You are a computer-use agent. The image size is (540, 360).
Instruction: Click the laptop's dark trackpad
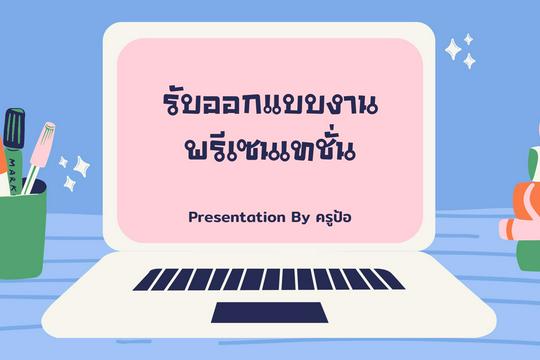pos(269,312)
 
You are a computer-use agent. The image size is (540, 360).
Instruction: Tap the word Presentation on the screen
pos(237,217)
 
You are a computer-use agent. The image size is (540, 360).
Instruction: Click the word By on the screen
pos(301,218)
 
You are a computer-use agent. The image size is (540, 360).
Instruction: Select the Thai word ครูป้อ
pos(333,217)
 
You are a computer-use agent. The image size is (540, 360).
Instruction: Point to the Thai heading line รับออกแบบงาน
pos(270,102)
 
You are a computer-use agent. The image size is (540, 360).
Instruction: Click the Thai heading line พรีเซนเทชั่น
pos(270,148)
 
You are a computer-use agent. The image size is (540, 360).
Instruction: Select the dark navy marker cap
pos(14,128)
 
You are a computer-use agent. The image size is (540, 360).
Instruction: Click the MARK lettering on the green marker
pos(13,175)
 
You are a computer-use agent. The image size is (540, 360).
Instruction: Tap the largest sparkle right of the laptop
pos(453,50)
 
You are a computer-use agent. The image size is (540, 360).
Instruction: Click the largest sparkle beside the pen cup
pos(82,167)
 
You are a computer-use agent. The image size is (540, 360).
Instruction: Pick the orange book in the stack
pos(527,201)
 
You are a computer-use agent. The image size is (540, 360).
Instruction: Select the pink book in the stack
pos(520,229)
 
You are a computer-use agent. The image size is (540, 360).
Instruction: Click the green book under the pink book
pos(528,255)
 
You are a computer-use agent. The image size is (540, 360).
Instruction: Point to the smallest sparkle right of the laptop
pos(468,40)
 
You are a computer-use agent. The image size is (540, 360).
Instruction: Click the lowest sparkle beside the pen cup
pos(70,184)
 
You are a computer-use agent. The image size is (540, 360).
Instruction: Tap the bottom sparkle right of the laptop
pos(469,61)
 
